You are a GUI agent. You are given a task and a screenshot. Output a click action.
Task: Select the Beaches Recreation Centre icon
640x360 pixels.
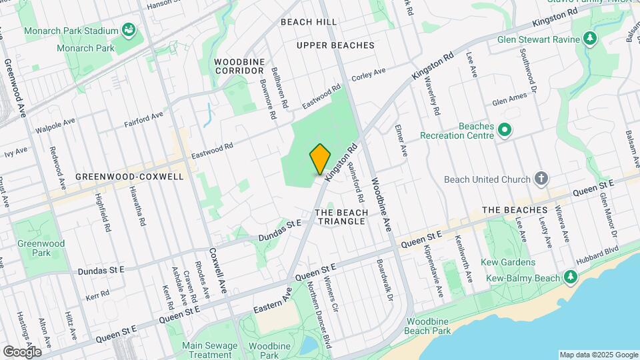coord(505,129)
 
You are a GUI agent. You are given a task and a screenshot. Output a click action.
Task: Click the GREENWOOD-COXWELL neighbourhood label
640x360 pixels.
coord(129,177)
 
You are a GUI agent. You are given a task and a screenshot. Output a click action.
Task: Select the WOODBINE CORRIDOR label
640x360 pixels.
coord(240,66)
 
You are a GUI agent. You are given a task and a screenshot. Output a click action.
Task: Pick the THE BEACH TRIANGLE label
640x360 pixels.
coord(341,216)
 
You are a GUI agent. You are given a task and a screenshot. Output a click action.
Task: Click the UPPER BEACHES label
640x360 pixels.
coord(335,45)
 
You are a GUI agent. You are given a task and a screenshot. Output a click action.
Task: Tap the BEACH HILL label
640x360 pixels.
coord(309,22)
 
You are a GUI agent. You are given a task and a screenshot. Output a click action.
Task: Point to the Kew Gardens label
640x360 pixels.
coord(510,263)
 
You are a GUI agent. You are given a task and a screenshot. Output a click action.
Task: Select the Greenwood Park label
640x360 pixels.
coord(41,248)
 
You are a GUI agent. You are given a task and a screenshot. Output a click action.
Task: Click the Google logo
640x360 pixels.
coord(22,351)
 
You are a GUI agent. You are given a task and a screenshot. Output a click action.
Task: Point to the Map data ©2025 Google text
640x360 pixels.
coord(598,355)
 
